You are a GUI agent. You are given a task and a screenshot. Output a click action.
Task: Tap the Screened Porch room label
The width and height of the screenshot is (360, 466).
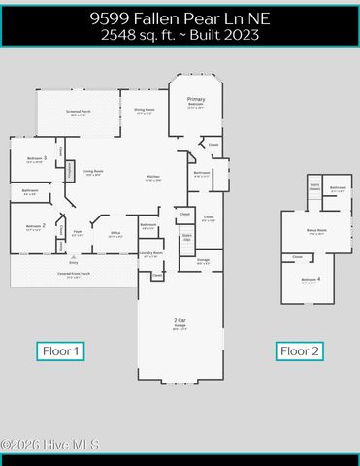[x=80, y=113]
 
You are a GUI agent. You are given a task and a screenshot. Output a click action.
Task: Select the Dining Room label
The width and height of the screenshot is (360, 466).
[x=145, y=111]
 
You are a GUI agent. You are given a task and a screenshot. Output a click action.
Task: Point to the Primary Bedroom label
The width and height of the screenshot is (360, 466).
[x=196, y=102]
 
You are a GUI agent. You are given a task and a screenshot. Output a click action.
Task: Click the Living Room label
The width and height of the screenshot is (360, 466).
[x=93, y=172]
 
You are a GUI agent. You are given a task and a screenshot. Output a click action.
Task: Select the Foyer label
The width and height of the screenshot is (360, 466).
[x=78, y=234]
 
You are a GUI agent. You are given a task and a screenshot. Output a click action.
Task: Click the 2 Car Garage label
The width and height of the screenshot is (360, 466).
[x=180, y=323]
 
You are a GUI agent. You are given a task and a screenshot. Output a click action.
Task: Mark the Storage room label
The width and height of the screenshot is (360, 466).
[x=203, y=260]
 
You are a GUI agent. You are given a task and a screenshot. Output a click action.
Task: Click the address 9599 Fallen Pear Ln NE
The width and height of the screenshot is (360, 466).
[x=180, y=17]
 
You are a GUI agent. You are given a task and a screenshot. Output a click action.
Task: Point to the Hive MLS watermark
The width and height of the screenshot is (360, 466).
[x=50, y=445]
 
